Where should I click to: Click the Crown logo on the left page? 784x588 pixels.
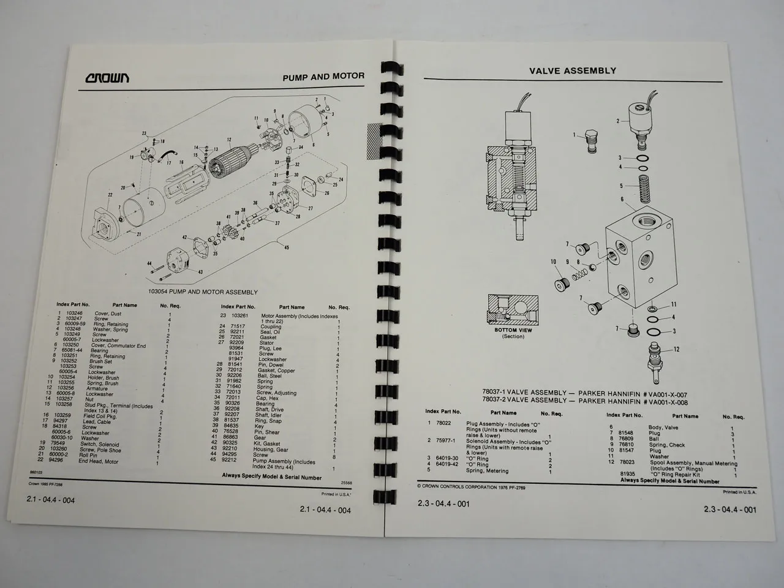[x=107, y=78]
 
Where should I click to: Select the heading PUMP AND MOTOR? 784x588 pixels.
[x=323, y=77]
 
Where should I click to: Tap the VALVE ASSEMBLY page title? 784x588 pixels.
[x=572, y=70]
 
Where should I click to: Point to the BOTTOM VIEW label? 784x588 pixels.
[x=513, y=330]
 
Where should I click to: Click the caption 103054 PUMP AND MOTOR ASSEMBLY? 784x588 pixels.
[x=203, y=292]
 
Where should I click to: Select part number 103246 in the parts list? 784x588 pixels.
[x=73, y=314]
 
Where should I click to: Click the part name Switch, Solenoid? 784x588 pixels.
[x=100, y=445]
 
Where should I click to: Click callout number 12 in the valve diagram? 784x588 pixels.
[x=676, y=350]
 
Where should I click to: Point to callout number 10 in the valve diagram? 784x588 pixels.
[x=553, y=262]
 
